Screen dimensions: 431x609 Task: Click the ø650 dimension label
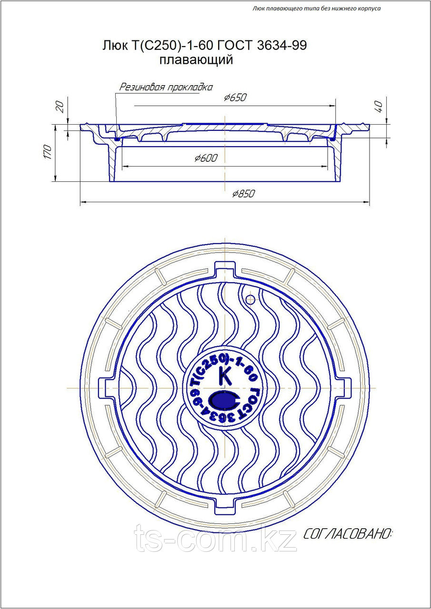click(235, 98)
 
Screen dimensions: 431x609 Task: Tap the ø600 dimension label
click(206, 157)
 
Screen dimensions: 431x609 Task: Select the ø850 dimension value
click(243, 194)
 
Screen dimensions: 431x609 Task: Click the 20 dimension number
click(60, 107)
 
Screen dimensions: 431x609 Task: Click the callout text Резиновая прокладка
click(166, 87)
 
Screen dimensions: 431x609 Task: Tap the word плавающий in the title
click(196, 60)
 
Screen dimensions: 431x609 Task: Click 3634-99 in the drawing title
click(281, 45)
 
